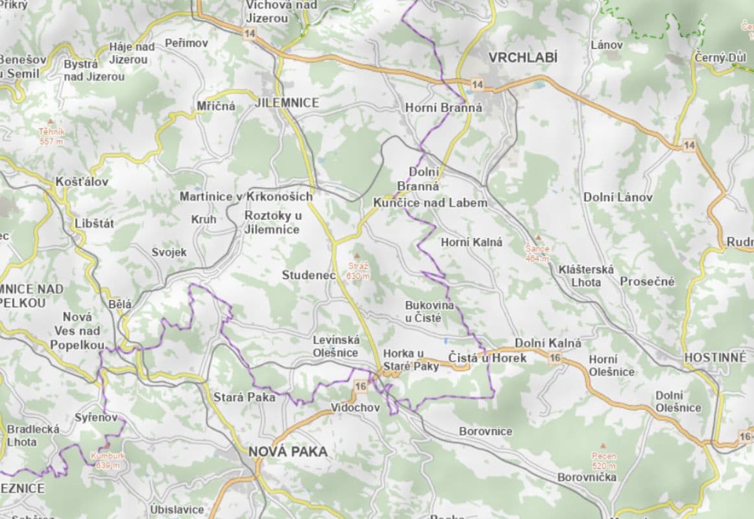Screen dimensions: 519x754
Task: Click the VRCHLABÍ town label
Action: point(522,57)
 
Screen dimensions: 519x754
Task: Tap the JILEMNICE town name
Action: point(287,103)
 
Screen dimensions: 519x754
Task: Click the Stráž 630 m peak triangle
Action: point(356,256)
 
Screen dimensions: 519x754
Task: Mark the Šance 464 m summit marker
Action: point(537,238)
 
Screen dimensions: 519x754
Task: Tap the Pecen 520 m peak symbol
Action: point(603,446)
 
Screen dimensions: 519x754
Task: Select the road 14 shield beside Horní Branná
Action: point(478,85)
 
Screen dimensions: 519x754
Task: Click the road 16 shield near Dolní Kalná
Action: point(555,358)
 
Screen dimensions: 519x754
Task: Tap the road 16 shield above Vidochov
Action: point(361,387)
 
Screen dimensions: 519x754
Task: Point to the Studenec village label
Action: point(309,275)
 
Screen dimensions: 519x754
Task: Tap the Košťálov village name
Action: point(82,182)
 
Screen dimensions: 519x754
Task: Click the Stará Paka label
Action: point(244,397)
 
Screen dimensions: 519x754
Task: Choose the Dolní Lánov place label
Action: point(618,197)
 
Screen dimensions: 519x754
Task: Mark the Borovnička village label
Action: point(587,477)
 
